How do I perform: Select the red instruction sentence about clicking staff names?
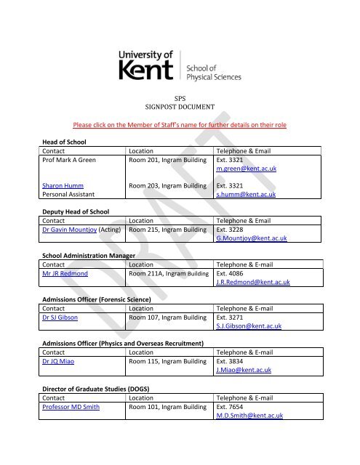coord(180,125)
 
